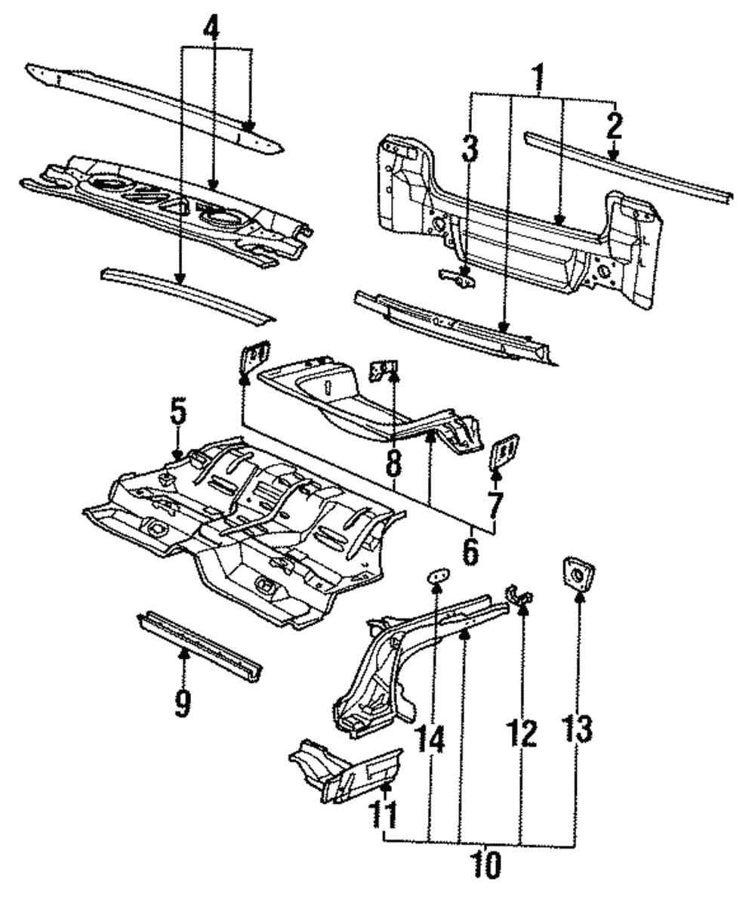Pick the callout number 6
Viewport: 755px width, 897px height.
470,552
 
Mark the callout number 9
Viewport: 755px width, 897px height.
183,704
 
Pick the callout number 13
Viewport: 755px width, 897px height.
578,729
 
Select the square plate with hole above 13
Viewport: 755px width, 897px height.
577,574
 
